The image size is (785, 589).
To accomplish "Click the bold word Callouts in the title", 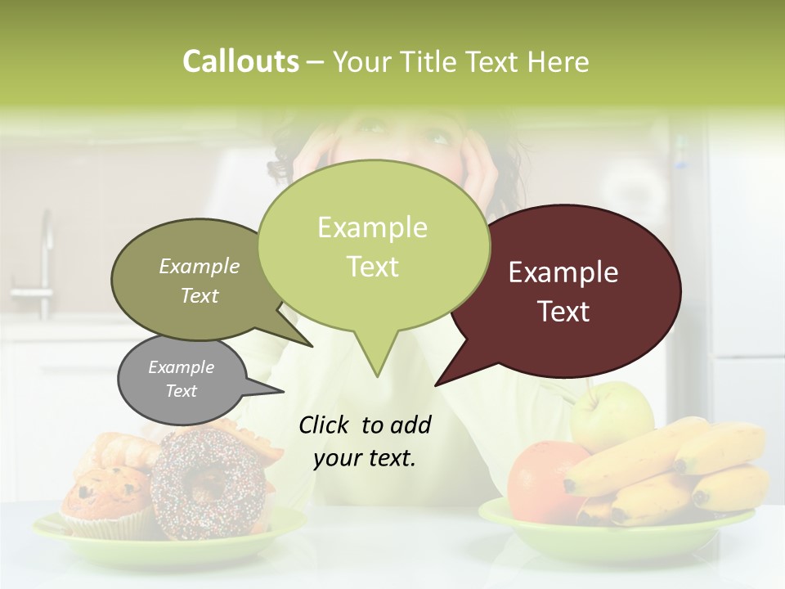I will point(240,61).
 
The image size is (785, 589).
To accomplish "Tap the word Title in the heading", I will point(430,61).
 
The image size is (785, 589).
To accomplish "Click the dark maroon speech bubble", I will point(572,245).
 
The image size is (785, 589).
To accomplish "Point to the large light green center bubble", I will point(373,245).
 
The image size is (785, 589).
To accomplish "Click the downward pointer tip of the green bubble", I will point(377,375).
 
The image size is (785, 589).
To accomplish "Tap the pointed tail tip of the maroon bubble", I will point(437,384).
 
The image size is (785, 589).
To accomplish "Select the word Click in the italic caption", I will point(325,425).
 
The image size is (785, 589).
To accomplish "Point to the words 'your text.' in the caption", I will point(365,458).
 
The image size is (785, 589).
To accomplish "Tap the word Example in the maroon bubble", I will point(563,272).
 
